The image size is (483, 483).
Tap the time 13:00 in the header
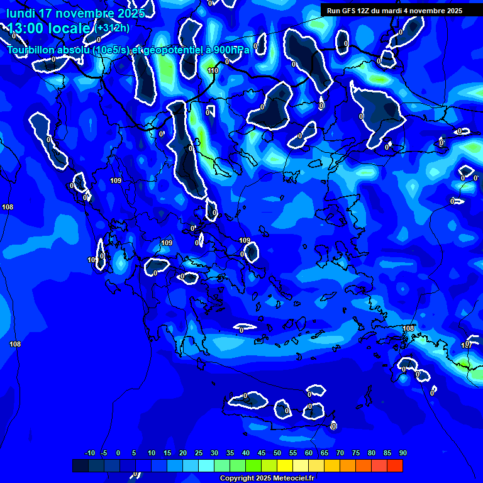pyautogui.click(x=28, y=28)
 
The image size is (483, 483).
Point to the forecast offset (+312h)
pyautogui.click(x=113, y=28)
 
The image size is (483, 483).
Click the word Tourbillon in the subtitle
pyautogui.click(x=31, y=50)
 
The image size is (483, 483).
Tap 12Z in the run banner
pyautogui.click(x=364, y=11)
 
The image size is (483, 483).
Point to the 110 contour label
pyautogui.click(x=213, y=71)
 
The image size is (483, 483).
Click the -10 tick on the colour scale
pyautogui.click(x=89, y=453)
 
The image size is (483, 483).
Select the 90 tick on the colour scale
pyautogui.click(x=402, y=453)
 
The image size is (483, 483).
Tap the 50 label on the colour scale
pyautogui.click(x=277, y=453)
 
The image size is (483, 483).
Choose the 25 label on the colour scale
pyautogui.click(x=198, y=453)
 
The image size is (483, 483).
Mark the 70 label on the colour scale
pyautogui.click(x=340, y=453)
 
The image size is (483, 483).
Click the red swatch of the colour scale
pyautogui.click(x=394, y=465)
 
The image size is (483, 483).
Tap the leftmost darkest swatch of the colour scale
pyautogui.click(x=80, y=465)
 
